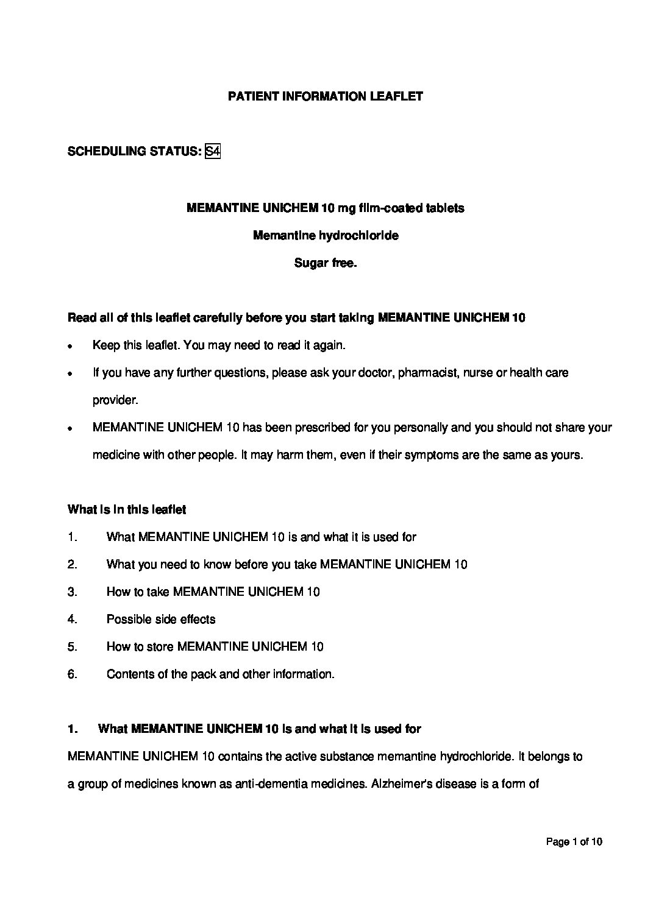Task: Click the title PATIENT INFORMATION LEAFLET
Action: (325, 96)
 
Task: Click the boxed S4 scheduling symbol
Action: (212, 151)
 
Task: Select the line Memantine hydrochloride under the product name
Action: (326, 235)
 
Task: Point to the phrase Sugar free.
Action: (325, 263)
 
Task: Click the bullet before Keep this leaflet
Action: (71, 346)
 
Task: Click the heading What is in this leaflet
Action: (127, 509)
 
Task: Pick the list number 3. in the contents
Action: (73, 592)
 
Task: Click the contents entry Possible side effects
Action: (161, 619)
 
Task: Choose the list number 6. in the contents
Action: (73, 674)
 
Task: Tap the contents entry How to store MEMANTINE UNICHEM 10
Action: (215, 646)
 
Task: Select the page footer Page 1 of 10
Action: (574, 842)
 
